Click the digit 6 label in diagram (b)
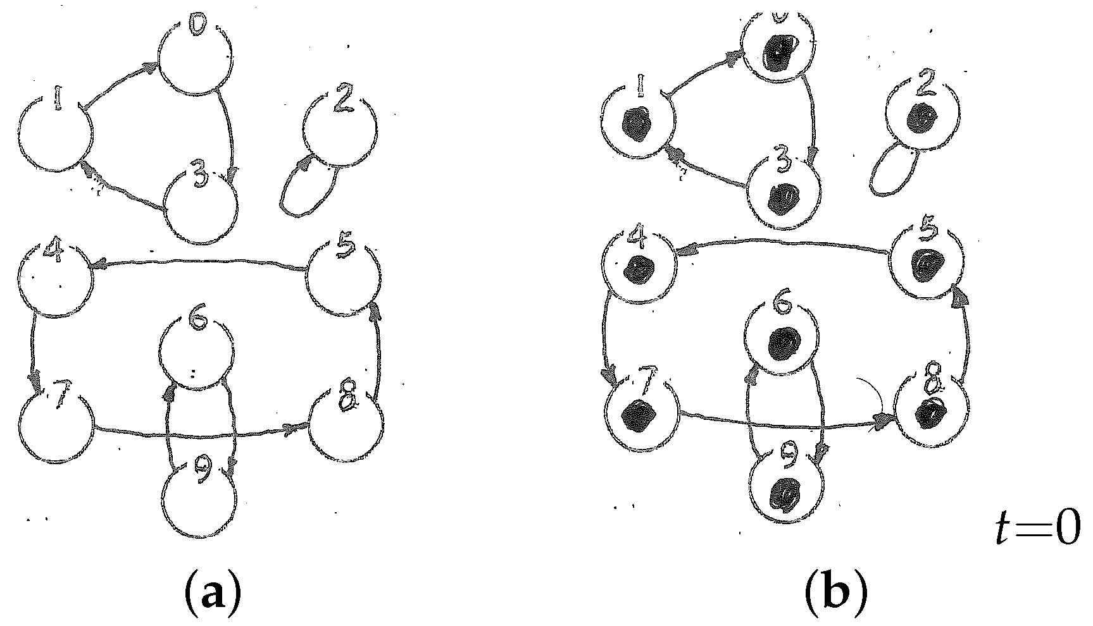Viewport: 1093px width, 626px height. point(783,304)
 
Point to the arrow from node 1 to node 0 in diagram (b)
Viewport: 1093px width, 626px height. point(703,76)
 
